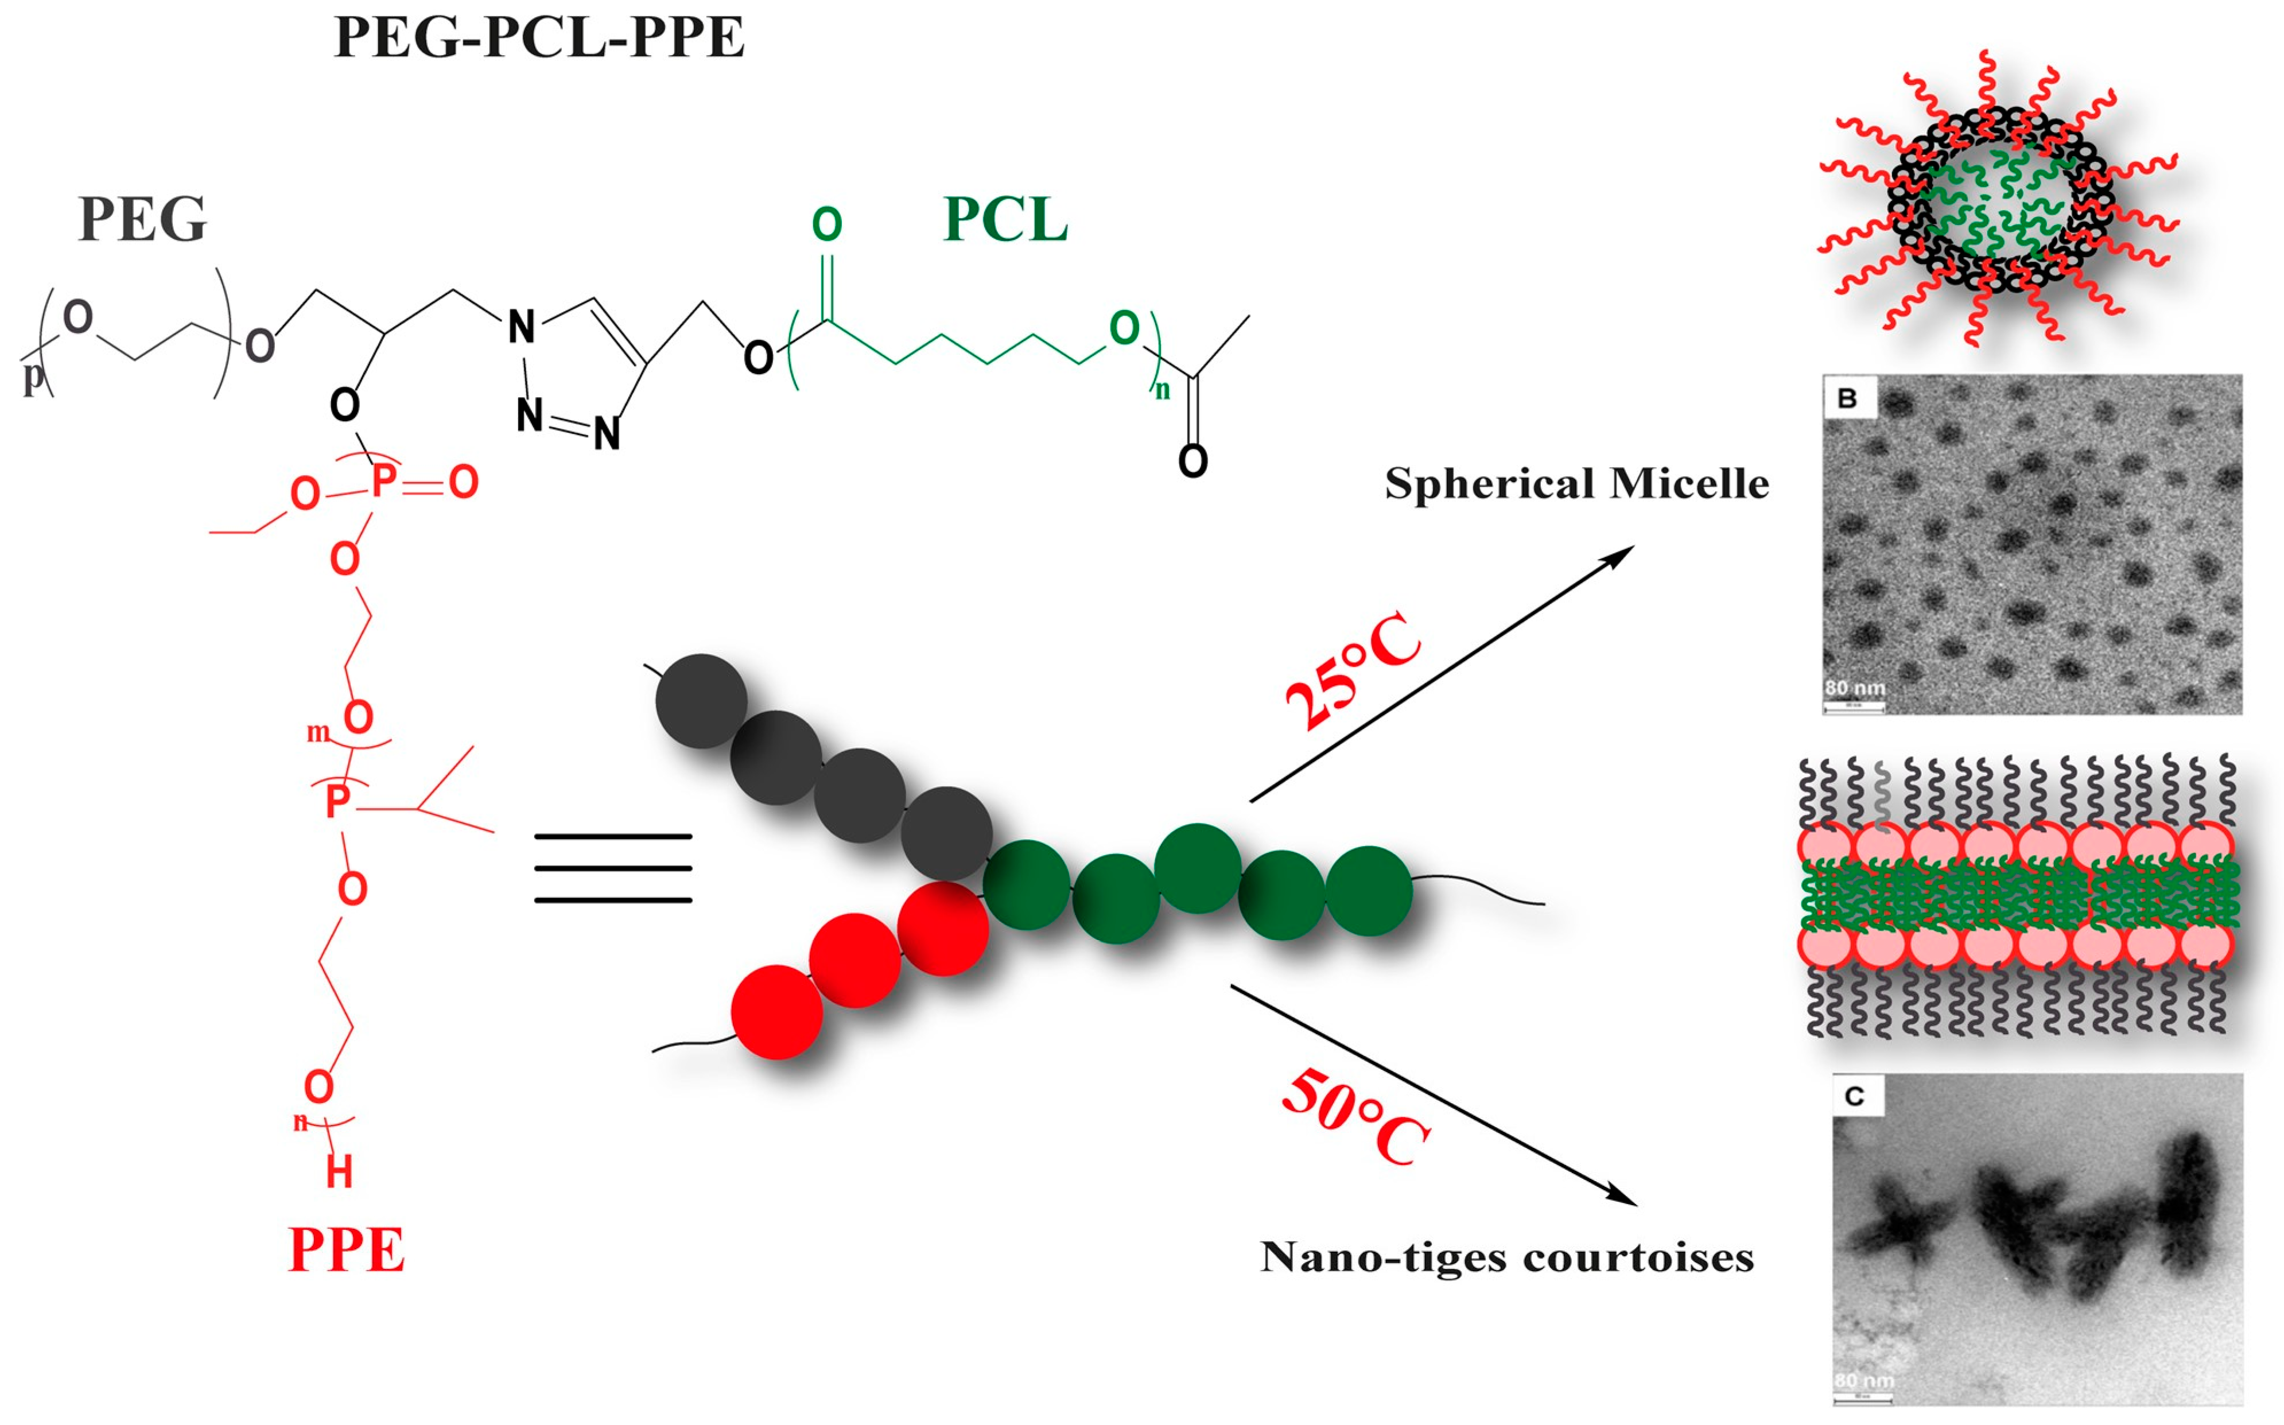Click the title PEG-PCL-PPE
(x=539, y=38)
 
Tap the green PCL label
(x=1005, y=220)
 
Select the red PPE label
(x=346, y=1250)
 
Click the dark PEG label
(x=142, y=220)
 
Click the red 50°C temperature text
(x=1355, y=1119)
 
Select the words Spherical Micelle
(x=1576, y=483)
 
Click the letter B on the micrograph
(x=1847, y=398)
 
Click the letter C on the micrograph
(x=1854, y=1096)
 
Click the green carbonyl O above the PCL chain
(x=826, y=224)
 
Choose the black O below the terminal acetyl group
(x=1193, y=461)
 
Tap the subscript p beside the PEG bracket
(x=33, y=376)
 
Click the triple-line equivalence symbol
(x=612, y=868)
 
